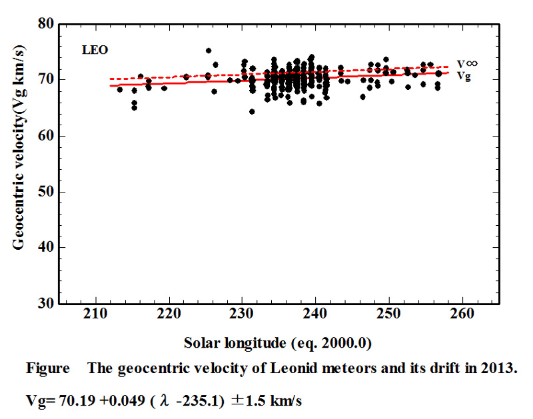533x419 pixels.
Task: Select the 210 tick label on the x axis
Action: (95, 313)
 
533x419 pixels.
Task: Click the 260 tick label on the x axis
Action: (462, 313)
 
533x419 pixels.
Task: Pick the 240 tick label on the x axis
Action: (315, 313)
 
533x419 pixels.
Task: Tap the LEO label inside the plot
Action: (95, 50)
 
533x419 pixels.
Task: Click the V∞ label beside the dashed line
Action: (467, 64)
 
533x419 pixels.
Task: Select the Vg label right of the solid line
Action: (464, 76)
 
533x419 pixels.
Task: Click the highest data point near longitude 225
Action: (209, 51)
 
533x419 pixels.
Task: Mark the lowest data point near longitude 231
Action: (252, 111)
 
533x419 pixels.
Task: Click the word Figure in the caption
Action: (48, 368)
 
